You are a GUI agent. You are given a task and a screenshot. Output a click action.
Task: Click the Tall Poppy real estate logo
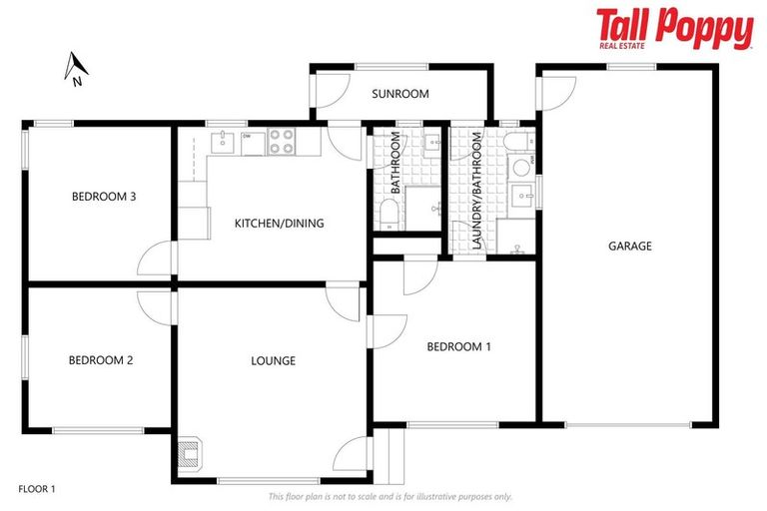pyautogui.click(x=674, y=29)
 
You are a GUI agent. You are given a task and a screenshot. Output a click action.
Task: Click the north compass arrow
pyautogui.click(x=75, y=68)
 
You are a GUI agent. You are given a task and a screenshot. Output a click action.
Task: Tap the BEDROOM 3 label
pyautogui.click(x=103, y=197)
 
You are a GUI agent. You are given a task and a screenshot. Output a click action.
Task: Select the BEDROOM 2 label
pyautogui.click(x=101, y=361)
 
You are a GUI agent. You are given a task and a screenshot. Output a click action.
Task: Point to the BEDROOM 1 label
pyautogui.click(x=458, y=347)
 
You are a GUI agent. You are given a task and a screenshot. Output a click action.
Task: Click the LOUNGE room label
pyautogui.click(x=273, y=361)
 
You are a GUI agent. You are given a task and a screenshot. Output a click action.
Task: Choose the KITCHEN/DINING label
pyautogui.click(x=279, y=224)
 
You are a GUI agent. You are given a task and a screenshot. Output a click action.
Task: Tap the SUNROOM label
pyautogui.click(x=399, y=95)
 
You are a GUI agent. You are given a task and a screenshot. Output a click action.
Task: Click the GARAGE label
pyautogui.click(x=629, y=246)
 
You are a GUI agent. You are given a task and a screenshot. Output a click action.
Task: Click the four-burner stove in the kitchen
pyautogui.click(x=282, y=142)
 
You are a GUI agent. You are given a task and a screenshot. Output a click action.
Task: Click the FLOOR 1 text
pyautogui.click(x=37, y=489)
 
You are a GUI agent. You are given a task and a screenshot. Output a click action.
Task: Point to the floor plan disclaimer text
pyautogui.click(x=389, y=496)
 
